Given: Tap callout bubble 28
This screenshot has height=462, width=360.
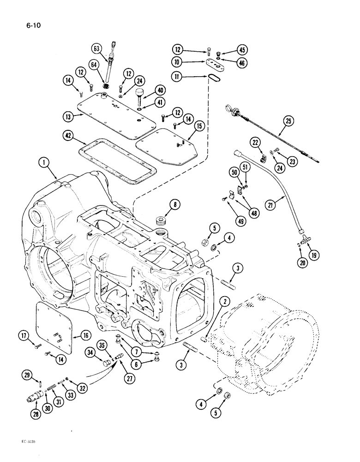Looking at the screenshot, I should (36, 414).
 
